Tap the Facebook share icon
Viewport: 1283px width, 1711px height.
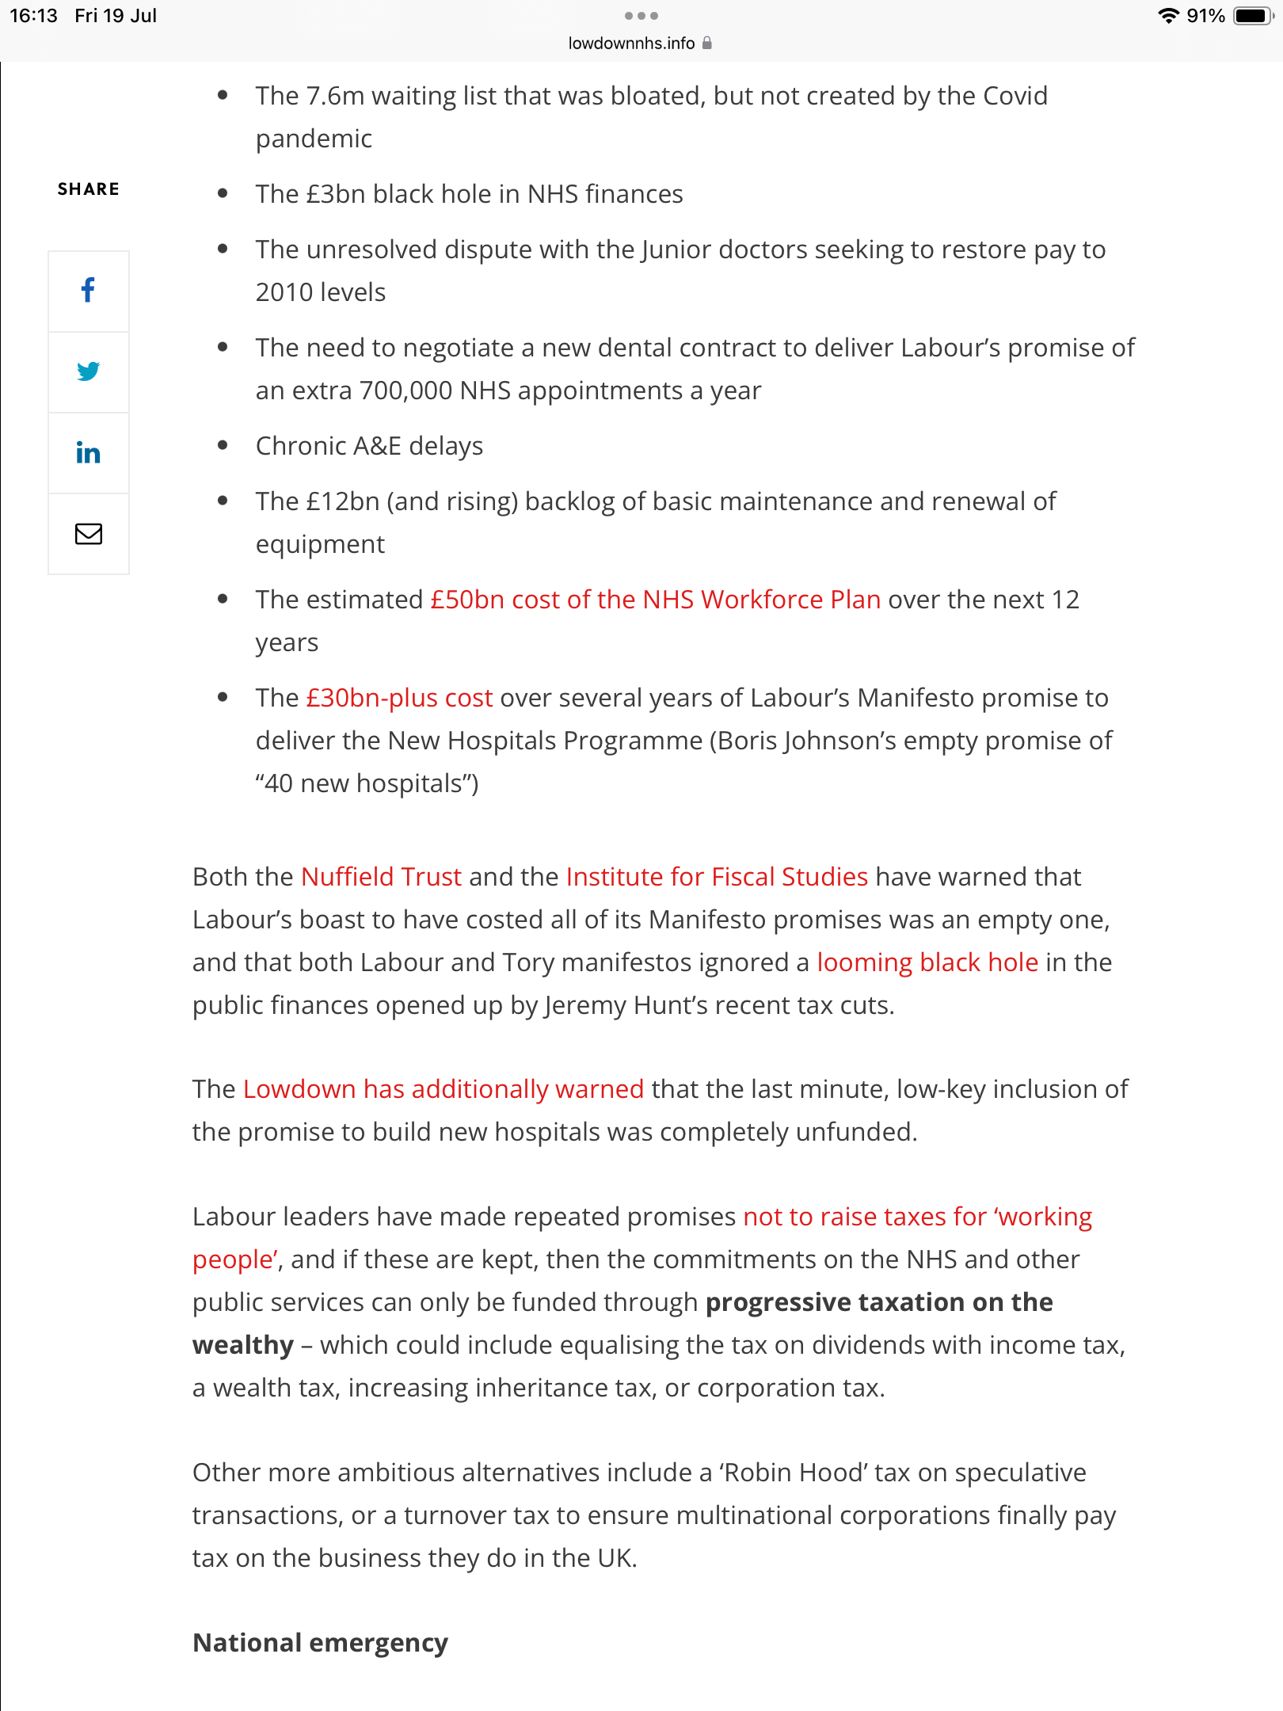(x=88, y=291)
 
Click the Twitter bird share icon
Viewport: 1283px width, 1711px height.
(x=88, y=372)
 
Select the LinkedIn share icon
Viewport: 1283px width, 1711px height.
(x=88, y=453)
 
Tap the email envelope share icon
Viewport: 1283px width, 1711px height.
(x=88, y=534)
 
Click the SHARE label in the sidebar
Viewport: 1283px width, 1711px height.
(x=88, y=189)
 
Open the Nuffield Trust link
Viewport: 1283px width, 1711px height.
(x=381, y=877)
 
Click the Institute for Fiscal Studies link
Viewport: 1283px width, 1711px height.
(x=717, y=877)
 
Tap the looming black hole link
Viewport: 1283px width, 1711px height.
(x=927, y=962)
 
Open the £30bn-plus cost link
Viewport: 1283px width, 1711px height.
(x=399, y=698)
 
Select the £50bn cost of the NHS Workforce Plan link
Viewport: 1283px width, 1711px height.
(x=655, y=600)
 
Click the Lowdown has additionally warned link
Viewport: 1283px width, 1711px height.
(x=443, y=1089)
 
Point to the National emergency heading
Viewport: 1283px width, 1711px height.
(x=320, y=1643)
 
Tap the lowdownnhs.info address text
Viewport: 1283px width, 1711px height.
(x=631, y=44)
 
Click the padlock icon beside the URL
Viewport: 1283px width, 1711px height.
(x=707, y=44)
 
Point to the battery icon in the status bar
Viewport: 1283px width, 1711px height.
(x=1252, y=16)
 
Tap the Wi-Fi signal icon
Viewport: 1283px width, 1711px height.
(x=1167, y=16)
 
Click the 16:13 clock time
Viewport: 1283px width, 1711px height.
(x=33, y=16)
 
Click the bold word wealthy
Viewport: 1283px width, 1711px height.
(x=243, y=1345)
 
